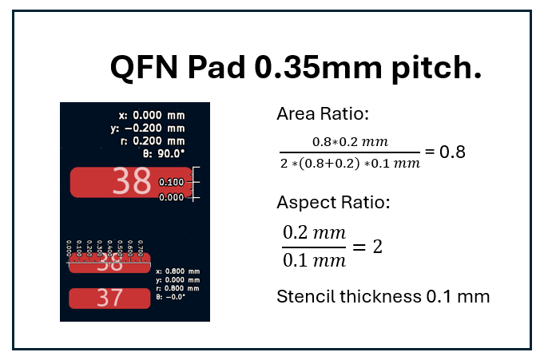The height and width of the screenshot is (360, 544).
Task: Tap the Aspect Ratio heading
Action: coord(333,202)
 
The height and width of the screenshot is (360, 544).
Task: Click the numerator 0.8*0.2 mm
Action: coord(349,142)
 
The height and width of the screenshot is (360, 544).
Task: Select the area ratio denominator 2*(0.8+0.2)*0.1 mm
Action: coord(349,164)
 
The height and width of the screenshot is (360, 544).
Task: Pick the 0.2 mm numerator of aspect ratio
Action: coord(315,234)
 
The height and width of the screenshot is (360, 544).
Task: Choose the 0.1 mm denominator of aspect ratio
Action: coord(315,260)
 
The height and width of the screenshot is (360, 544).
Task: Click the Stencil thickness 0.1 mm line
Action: coord(383,297)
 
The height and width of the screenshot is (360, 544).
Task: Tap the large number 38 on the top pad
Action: coord(132,183)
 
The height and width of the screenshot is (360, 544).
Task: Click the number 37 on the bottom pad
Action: coord(109,299)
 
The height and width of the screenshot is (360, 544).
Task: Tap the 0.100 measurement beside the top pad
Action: coord(172,182)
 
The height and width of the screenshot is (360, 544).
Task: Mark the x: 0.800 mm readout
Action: coord(177,271)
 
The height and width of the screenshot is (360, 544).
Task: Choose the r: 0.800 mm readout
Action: coord(177,288)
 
